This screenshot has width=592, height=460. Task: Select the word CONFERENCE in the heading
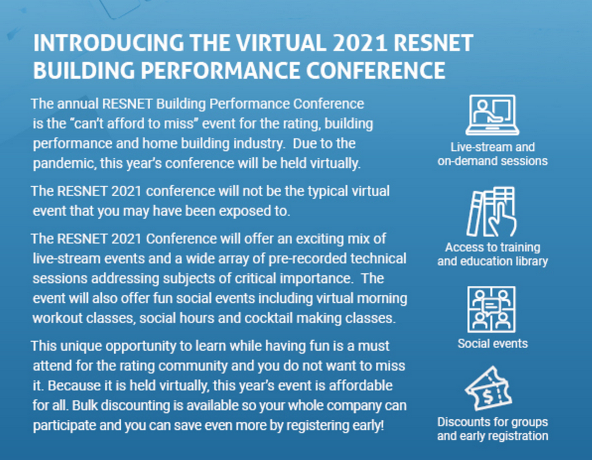[x=375, y=70]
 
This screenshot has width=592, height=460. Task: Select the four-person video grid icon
[x=491, y=310]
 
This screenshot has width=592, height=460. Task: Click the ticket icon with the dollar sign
[x=488, y=389]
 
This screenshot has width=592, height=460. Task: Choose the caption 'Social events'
[x=493, y=343]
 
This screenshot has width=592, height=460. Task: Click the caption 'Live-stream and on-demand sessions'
[x=493, y=154]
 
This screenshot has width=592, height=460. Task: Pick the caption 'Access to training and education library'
[x=493, y=254]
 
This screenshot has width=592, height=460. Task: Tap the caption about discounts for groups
[x=493, y=429]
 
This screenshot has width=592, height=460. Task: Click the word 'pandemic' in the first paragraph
[x=64, y=163]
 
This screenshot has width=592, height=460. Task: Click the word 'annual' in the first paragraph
[x=77, y=104]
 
